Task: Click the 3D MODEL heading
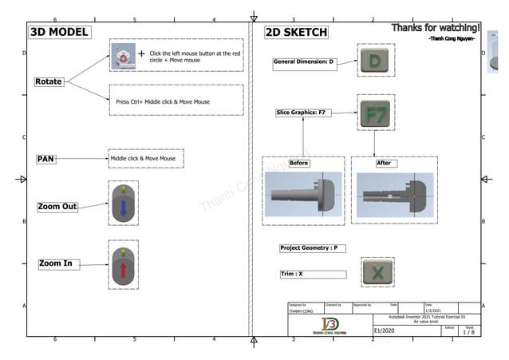[x=58, y=33]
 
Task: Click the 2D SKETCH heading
[x=296, y=33]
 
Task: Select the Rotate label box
[x=49, y=82]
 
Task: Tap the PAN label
[x=46, y=159]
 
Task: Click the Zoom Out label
[x=58, y=207]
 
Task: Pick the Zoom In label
[x=57, y=263]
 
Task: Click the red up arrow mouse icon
[x=124, y=268]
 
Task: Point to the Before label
[x=299, y=163]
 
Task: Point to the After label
[x=384, y=163]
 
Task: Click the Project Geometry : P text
[x=309, y=248]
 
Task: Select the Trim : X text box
[x=312, y=274]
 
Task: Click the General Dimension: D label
[x=304, y=61]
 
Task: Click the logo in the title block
[x=329, y=326]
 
